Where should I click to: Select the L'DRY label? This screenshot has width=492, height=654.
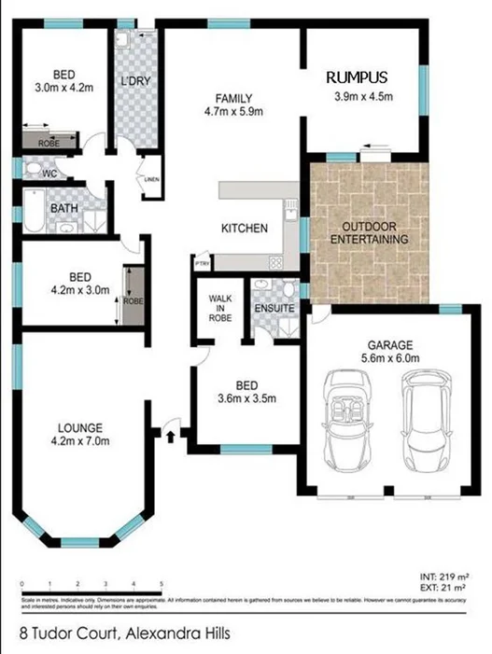tap(135, 81)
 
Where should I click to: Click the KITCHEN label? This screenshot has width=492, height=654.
tap(244, 229)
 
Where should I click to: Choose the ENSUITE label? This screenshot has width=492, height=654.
tap(274, 308)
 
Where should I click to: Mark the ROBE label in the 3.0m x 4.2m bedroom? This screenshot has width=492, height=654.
tap(49, 144)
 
